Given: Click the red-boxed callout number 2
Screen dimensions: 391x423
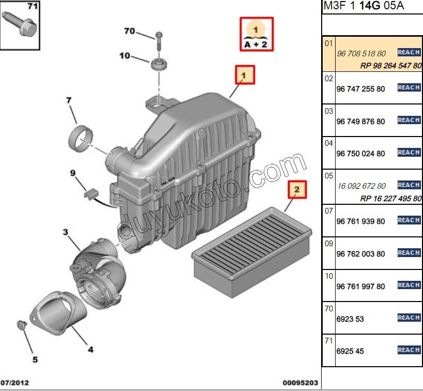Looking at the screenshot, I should coord(297,190).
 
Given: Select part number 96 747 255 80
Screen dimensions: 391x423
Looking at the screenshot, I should coord(360,89).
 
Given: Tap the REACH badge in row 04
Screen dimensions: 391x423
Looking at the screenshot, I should coord(409,153).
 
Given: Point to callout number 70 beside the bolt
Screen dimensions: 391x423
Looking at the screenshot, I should coord(129,31).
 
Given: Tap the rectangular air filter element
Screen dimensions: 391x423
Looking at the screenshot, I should coord(252,246).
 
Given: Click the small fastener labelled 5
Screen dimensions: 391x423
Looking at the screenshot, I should coord(22,324).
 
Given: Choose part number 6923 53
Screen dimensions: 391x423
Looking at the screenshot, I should coord(350,319).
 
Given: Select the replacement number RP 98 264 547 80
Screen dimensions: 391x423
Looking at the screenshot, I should coord(391,66).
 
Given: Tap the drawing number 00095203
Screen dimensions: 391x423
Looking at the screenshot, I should coord(300,383).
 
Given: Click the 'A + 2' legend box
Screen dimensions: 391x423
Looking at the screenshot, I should coord(256,34).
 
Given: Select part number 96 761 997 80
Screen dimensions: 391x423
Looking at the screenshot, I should coord(360,287).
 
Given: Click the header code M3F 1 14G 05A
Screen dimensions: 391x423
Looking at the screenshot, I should coord(364,6).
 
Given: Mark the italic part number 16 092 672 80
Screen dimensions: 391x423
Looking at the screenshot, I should coord(360,186).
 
